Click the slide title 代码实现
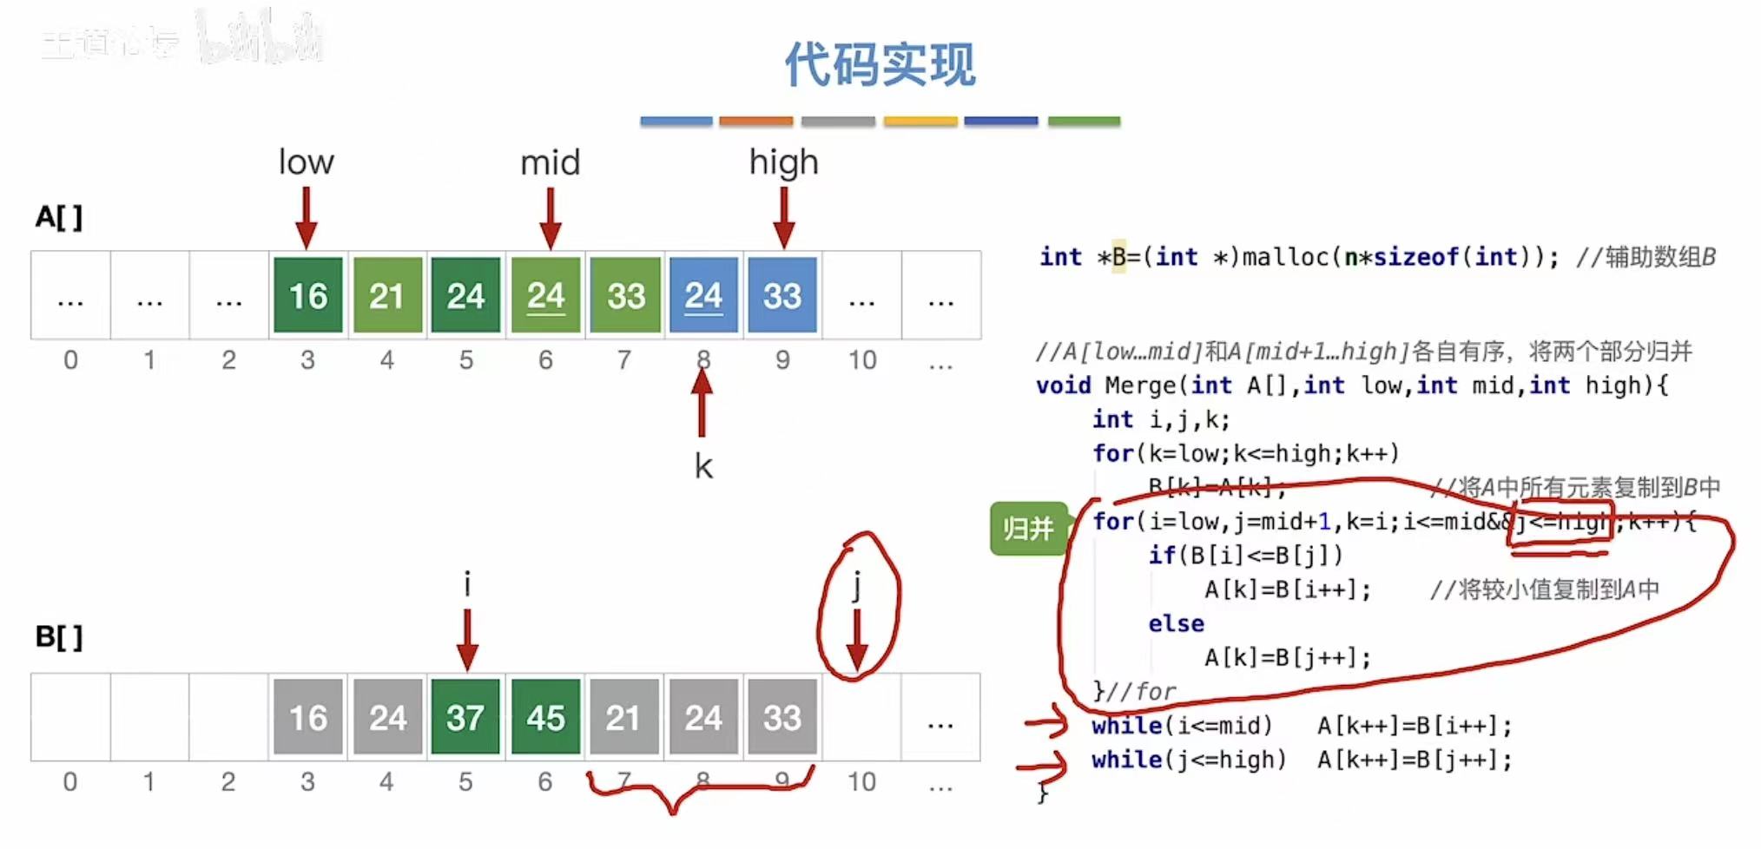(880, 64)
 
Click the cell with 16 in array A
(308, 296)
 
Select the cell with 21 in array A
(387, 296)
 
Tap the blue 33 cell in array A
(782, 296)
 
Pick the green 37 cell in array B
(465, 718)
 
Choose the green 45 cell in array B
(545, 718)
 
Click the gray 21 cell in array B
(623, 718)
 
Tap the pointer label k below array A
(703, 467)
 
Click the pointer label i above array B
(467, 584)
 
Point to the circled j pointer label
(856, 586)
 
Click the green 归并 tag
(1028, 528)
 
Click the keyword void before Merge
(1063, 385)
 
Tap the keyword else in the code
(1176, 623)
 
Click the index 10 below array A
(862, 359)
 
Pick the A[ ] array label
(59, 216)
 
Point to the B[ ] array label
(59, 637)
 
